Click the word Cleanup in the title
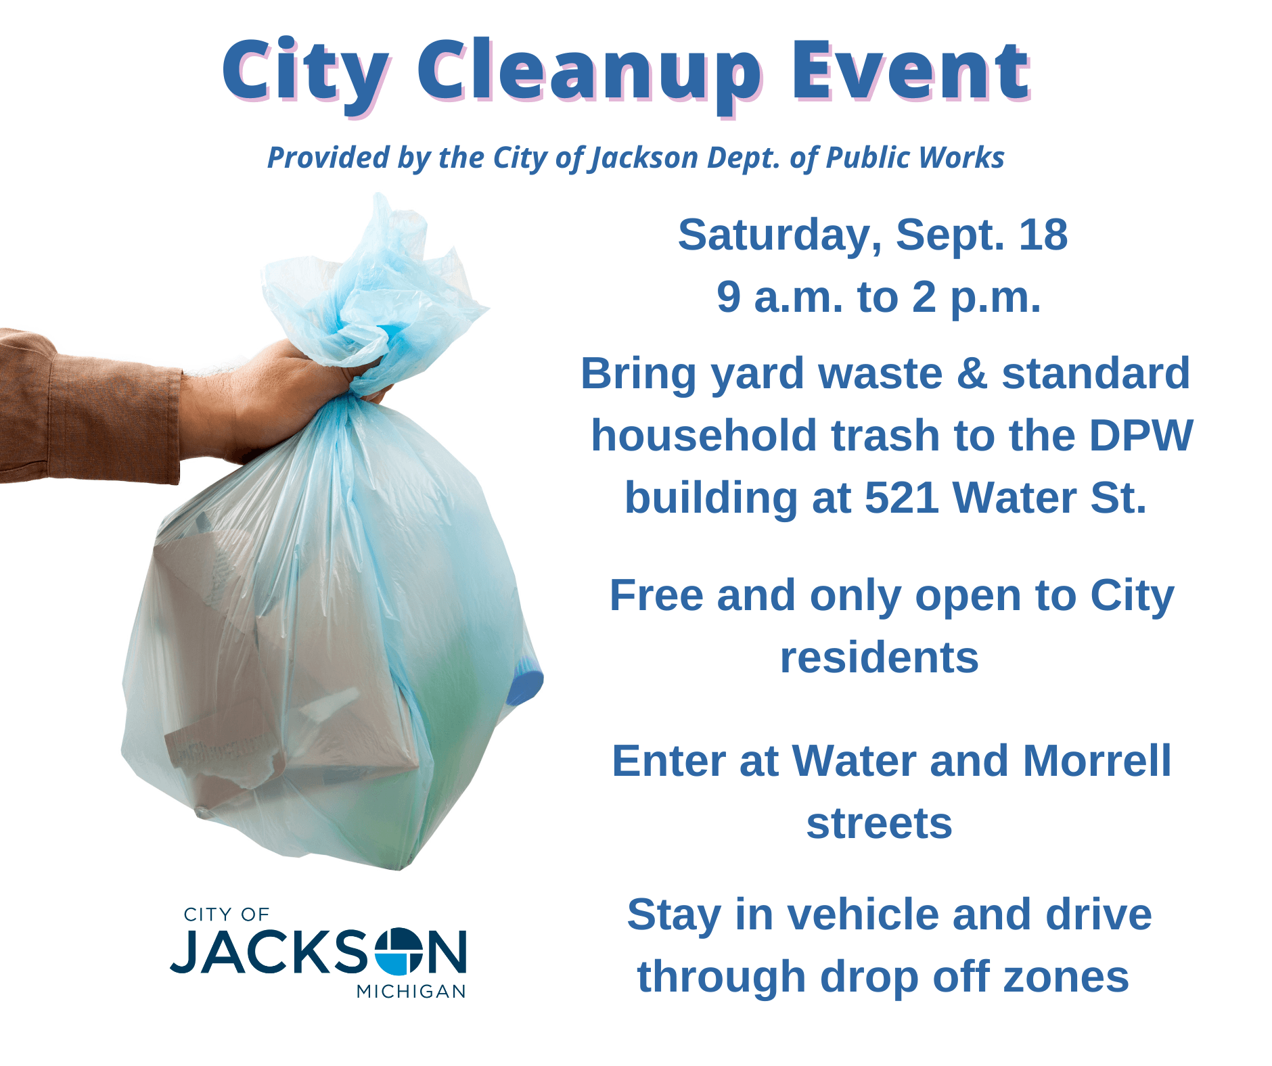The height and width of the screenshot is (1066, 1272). [588, 71]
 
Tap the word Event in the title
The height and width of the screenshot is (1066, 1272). [911, 71]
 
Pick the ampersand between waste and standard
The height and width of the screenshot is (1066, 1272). [972, 373]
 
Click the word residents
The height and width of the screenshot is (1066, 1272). [879, 657]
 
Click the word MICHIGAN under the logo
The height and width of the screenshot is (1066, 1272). [411, 991]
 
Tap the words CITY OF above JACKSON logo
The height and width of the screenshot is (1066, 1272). [226, 914]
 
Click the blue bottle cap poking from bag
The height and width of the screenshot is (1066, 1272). [526, 683]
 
